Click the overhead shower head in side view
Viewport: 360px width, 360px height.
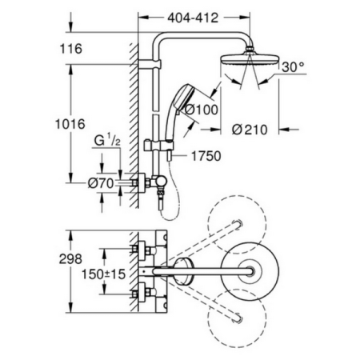tap(250, 62)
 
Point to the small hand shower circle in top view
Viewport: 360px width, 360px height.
tap(183, 273)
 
